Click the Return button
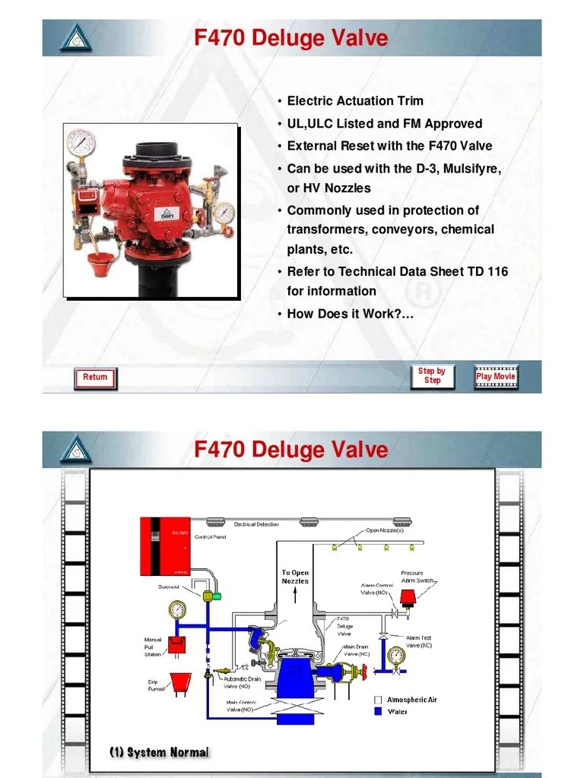tap(95, 377)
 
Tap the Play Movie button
tap(495, 376)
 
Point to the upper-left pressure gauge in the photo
tap(80, 142)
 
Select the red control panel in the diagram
tap(165, 546)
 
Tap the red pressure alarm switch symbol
tap(408, 599)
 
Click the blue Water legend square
tap(377, 712)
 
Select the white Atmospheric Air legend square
tap(377, 700)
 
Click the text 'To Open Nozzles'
tap(295, 577)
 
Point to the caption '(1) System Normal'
tap(158, 752)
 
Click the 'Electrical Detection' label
tap(255, 524)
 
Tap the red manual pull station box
tap(176, 644)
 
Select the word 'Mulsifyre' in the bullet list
tap(467, 168)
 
